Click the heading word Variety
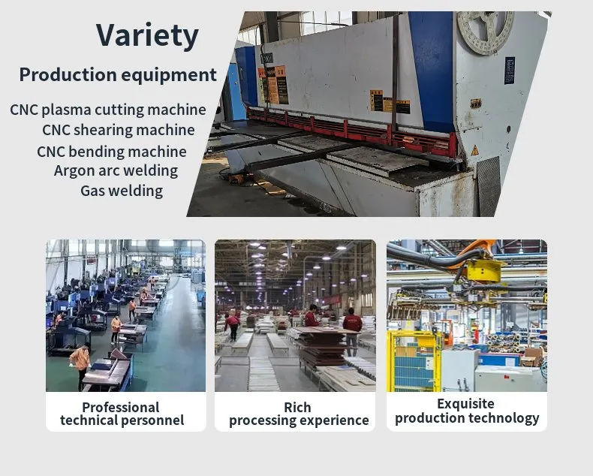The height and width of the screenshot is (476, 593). coord(146,35)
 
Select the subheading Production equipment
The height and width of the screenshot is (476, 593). coord(117,75)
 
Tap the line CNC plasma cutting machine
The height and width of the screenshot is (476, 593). coord(108,110)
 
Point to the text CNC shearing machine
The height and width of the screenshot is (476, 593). coord(118,130)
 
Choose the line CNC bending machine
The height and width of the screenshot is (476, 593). coord(111,151)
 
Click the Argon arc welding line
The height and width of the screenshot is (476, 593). coord(116,170)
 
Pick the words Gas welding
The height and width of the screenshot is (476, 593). coord(121,191)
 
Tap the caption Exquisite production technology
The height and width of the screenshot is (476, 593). coord(467,411)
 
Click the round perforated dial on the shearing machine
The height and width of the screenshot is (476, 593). coord(486,31)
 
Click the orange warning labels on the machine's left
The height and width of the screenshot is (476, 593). coord(272,84)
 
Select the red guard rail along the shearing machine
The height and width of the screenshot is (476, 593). coord(353,128)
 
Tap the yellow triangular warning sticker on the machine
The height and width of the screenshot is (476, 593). coord(474,150)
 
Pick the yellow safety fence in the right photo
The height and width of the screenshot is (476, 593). coord(414,360)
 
